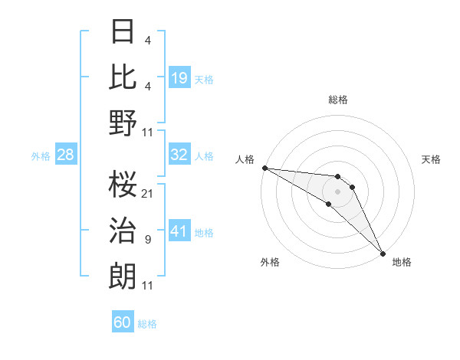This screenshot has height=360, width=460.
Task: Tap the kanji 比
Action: (123, 77)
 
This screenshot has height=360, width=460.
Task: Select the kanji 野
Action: (123, 123)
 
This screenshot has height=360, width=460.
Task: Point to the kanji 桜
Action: (123, 184)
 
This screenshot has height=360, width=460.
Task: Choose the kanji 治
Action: (123, 231)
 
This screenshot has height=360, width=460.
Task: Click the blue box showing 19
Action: (179, 77)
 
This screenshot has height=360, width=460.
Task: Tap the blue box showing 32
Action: (179, 155)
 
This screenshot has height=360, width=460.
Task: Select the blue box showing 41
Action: (179, 231)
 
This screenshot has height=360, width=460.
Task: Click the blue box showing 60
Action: (123, 322)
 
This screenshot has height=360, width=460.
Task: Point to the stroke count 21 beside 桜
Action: (147, 193)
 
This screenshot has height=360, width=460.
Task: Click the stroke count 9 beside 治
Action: (147, 240)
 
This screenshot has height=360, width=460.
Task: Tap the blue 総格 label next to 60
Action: (147, 324)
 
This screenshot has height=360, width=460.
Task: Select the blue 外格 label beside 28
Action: (41, 156)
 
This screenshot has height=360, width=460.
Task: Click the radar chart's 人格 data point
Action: (264, 168)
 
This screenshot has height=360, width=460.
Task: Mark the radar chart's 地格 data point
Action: (382, 253)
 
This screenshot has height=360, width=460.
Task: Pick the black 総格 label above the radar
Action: (338, 100)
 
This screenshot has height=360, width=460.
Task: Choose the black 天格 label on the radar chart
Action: (432, 159)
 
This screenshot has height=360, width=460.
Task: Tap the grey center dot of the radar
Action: (338, 191)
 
